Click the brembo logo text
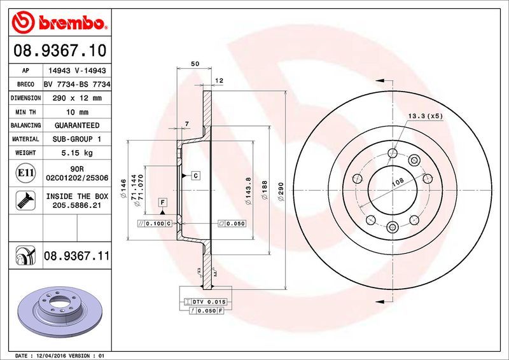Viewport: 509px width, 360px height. click(70, 24)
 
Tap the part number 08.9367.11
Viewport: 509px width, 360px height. click(76, 256)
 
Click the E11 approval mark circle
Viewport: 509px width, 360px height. click(24, 172)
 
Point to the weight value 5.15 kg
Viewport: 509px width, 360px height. click(76, 153)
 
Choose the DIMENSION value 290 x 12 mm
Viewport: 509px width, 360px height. click(76, 99)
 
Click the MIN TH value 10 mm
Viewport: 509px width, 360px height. click(76, 112)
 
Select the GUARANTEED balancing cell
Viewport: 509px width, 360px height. click(76, 125)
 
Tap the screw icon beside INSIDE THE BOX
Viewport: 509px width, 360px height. click(24, 201)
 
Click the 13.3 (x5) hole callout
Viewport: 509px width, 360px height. click(426, 116)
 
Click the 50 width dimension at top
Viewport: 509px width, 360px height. click(195, 64)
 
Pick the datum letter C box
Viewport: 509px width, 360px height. click(195, 175)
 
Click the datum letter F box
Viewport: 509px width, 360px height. click(163, 202)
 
